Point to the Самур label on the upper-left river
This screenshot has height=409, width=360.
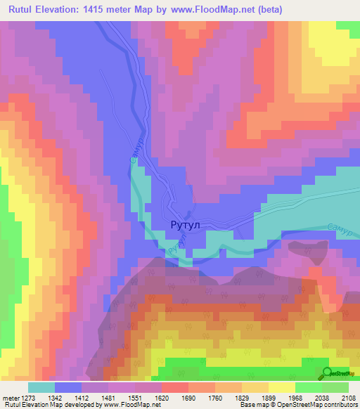pos(137,150)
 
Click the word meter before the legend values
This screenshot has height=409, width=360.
pos(11,398)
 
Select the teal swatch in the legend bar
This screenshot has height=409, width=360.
pos(41,387)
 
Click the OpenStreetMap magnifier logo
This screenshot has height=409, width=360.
pos(328,372)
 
